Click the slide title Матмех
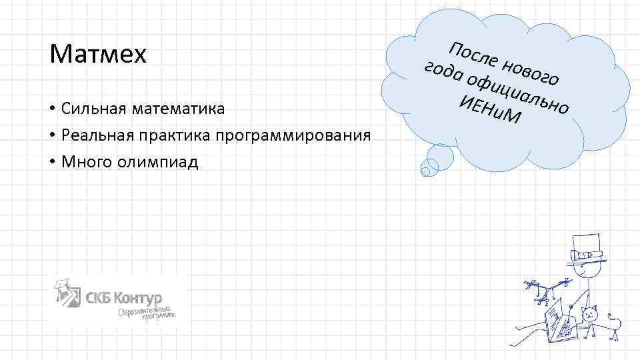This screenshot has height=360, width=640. pos(97,54)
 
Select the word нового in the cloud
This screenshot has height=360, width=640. pos(531,73)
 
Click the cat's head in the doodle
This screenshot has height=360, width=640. pos(590,314)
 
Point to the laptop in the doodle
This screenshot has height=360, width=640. pos(559,319)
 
